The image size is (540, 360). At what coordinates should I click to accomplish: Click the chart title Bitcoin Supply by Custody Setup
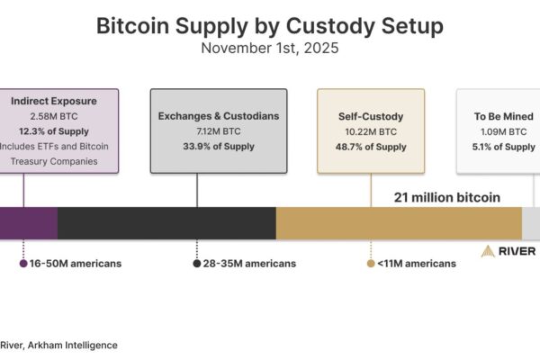coord(269,26)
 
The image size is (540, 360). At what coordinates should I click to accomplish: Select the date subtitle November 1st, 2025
coord(269,49)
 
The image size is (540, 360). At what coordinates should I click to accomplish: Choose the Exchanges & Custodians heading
coord(219,116)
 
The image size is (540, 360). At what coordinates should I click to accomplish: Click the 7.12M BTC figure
coord(219,131)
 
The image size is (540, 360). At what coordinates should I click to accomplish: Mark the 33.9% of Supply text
coord(219,147)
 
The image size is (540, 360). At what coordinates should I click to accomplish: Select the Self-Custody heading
coord(371,116)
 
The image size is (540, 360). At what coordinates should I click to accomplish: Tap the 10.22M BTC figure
coord(371,131)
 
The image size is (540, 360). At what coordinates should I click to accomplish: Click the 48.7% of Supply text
coord(371,147)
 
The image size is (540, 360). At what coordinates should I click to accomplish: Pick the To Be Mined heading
coord(499,116)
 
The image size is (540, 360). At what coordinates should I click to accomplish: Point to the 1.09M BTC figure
coord(499,131)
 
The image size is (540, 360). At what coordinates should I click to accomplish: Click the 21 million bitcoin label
coord(446,196)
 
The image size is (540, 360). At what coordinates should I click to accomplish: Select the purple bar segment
coord(28,223)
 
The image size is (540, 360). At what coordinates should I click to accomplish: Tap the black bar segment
coord(166,223)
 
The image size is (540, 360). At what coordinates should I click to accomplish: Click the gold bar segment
coord(399,223)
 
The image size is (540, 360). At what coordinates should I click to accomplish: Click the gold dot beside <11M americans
coord(370,264)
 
